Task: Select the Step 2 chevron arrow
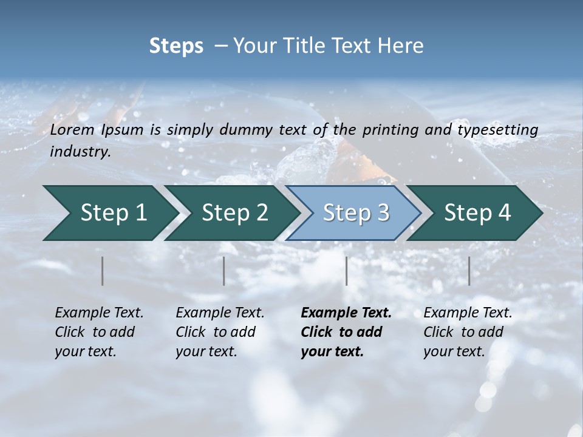[x=234, y=213]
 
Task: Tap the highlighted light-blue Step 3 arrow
[x=355, y=213]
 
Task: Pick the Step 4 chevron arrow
[x=477, y=213]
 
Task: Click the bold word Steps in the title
[x=176, y=46]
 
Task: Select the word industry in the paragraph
[x=80, y=152]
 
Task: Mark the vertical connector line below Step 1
[x=103, y=271]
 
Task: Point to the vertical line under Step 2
[x=224, y=271]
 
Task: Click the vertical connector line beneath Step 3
[x=346, y=271]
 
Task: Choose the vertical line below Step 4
[x=469, y=271]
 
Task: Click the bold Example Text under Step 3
[x=346, y=313]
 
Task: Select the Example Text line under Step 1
[x=99, y=313]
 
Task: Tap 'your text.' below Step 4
[x=454, y=351]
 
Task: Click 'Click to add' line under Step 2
[x=216, y=332]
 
